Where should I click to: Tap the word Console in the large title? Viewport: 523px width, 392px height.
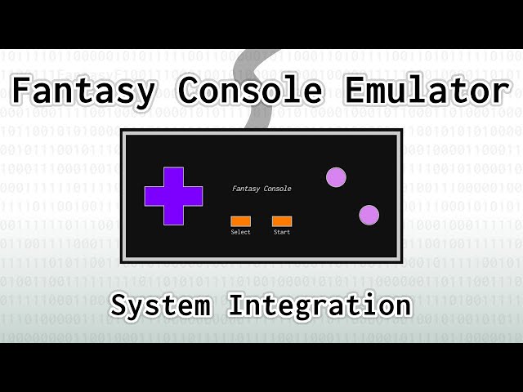tap(251, 90)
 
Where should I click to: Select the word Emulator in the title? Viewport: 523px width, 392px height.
tap(427, 90)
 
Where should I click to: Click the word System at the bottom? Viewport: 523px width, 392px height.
tap(161, 305)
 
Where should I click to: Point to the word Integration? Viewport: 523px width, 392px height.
tap(320, 305)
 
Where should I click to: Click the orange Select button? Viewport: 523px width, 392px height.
tap(240, 221)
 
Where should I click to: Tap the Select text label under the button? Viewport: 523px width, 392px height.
tap(240, 232)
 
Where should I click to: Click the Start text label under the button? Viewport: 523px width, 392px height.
tap(282, 232)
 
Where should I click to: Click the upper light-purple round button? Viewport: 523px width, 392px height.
tap(336, 177)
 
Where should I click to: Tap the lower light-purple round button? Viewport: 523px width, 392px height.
tap(369, 215)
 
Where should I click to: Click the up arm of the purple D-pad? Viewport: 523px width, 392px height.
tap(173, 176)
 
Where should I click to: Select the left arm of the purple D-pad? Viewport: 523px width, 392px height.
tap(154, 196)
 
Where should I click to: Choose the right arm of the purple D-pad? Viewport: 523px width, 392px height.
tap(193, 196)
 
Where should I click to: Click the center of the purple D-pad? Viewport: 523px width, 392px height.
tap(173, 196)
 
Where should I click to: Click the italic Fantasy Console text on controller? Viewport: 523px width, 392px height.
tap(261, 189)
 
